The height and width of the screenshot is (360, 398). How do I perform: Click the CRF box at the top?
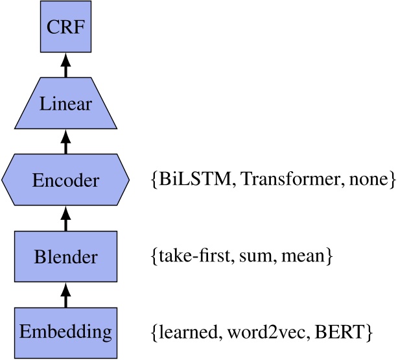click(x=65, y=27)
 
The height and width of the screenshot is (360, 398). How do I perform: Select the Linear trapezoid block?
click(x=65, y=104)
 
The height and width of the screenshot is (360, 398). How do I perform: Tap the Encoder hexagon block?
click(x=65, y=180)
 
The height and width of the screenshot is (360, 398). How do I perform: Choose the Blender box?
click(x=65, y=257)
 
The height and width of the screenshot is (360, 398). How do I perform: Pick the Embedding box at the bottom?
click(x=65, y=333)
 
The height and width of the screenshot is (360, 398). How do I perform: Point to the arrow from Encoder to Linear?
click(x=65, y=141)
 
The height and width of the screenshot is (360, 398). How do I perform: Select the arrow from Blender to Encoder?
click(x=65, y=219)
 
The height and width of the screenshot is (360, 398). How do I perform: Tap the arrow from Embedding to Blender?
click(x=65, y=295)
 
